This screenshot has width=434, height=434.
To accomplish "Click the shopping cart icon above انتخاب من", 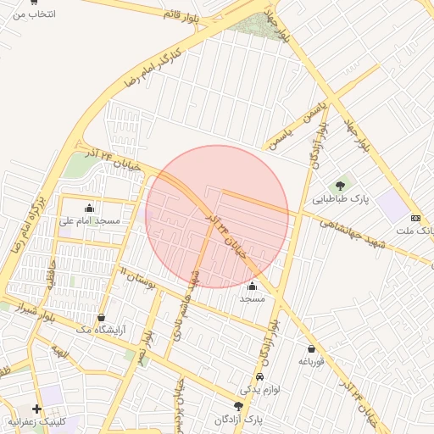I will coord(33,3).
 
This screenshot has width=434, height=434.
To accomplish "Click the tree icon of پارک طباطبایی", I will coord(341,186).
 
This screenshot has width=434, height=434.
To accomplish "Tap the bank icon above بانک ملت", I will coord(415,217).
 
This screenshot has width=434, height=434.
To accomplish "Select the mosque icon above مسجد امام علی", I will coord(90,208).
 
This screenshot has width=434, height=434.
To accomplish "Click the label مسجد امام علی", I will coord(90,221).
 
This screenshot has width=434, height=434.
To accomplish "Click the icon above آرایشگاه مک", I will coord(102,317).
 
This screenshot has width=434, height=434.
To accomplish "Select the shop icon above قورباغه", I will coord(311,348).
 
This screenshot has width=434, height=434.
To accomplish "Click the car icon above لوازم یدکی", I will coord(259,376).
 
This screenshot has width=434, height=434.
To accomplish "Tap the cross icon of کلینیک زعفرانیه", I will coord(36,409).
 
